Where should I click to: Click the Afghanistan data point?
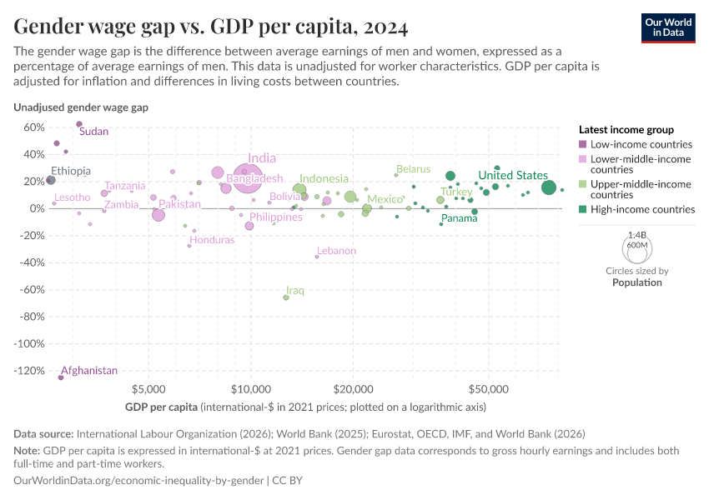pos(61,377)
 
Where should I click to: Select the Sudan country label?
pos(93,132)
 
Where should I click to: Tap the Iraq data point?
pos(286,297)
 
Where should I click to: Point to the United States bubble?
pos(548,187)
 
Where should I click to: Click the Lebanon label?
pos(336,251)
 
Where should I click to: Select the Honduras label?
pos(212,239)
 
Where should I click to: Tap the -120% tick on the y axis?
pos(28,371)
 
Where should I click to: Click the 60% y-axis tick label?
pos(33,127)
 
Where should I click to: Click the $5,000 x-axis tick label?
pos(148,388)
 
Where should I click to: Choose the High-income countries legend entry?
pos(641,210)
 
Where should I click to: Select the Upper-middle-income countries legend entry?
pos(641,189)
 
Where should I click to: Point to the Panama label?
pos(459,218)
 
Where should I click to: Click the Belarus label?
pos(413,169)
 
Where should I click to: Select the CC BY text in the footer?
pos(295,481)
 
